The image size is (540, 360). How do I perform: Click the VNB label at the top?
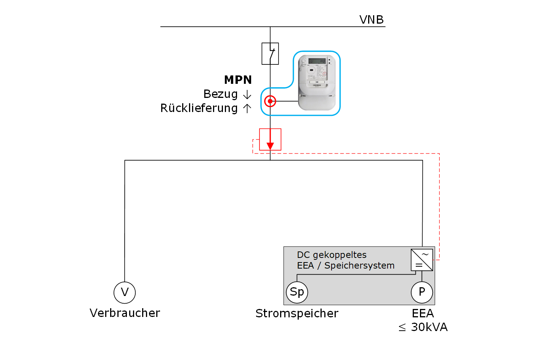click(371, 19)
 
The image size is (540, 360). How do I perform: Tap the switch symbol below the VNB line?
click(270, 53)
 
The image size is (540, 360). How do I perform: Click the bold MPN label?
click(238, 80)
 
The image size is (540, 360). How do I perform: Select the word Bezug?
click(220, 94)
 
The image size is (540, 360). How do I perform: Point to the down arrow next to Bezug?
click(247, 94)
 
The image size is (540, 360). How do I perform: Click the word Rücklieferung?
click(199, 108)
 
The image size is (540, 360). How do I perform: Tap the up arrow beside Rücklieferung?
click(247, 109)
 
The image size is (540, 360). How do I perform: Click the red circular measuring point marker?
click(270, 101)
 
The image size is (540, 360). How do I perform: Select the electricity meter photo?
click(317, 82)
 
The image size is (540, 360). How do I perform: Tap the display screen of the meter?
click(317, 61)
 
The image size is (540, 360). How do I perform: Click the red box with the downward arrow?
click(270, 139)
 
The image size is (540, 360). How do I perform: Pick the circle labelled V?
click(125, 293)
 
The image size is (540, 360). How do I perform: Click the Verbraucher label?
click(125, 313)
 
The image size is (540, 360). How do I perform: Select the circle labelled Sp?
click(297, 292)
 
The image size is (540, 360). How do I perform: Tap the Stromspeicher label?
click(297, 314)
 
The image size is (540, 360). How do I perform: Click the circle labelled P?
click(422, 292)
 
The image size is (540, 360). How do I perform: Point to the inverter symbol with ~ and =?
click(422, 260)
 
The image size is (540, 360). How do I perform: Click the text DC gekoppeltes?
click(332, 255)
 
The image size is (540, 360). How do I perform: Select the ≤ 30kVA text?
click(423, 327)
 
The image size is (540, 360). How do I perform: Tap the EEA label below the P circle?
click(423, 314)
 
